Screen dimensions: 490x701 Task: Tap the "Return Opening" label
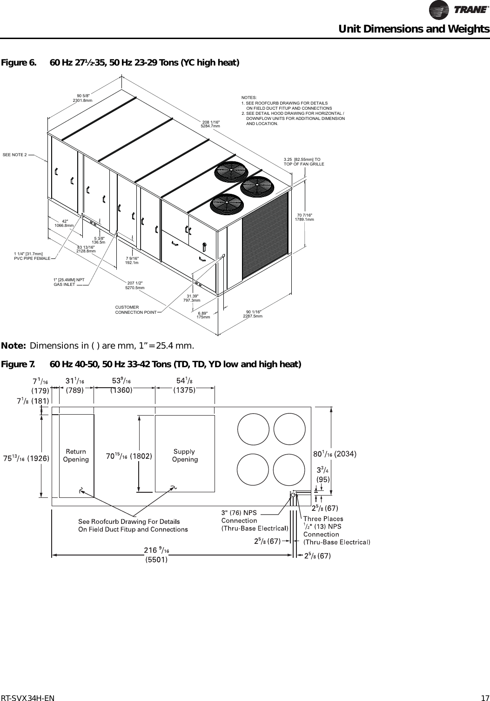(76, 456)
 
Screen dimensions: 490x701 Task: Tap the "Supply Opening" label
(185, 456)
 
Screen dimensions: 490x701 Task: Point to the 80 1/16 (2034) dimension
(335, 455)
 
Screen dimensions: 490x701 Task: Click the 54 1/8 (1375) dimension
(184, 386)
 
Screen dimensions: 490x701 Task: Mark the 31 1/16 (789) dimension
(74, 386)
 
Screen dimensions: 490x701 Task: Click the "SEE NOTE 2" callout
(15, 154)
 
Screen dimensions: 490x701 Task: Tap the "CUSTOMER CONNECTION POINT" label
(135, 310)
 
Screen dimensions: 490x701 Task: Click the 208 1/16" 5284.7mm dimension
(210, 124)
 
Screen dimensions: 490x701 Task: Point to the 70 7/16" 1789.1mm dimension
(305, 217)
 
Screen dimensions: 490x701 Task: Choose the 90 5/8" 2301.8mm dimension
(82, 98)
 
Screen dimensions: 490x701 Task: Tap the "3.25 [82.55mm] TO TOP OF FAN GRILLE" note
(303, 162)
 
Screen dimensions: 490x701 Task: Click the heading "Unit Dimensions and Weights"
(414, 29)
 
